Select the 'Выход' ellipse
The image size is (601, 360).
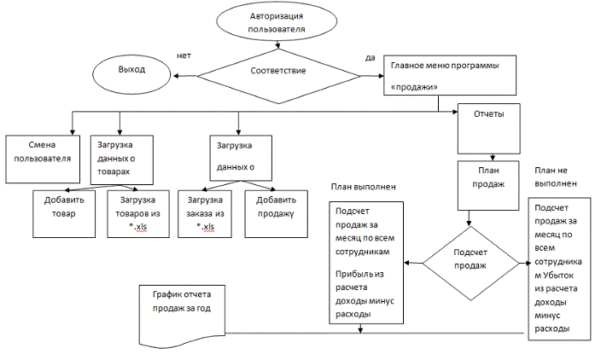(x=131, y=69)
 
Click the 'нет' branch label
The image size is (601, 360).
(x=184, y=55)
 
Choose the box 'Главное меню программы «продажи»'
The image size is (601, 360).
(x=450, y=76)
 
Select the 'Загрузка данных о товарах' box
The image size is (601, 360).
(x=121, y=157)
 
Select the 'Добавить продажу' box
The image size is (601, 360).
(x=275, y=213)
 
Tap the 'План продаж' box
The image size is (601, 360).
(x=485, y=185)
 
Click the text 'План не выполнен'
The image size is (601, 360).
(x=558, y=175)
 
